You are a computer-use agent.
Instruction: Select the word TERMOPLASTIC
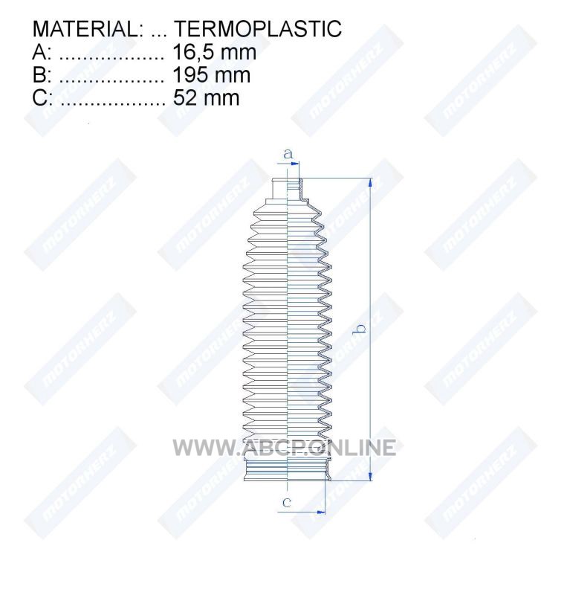[x=258, y=29]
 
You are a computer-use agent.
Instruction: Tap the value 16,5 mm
[x=214, y=52]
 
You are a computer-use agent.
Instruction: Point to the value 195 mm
[x=212, y=75]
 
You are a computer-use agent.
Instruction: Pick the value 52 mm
[x=206, y=98]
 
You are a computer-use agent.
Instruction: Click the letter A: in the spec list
[x=42, y=52]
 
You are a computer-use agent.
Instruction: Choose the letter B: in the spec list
[x=42, y=75]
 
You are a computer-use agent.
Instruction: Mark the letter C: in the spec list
[x=42, y=98]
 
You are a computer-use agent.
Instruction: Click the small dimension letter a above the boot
[x=288, y=154]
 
